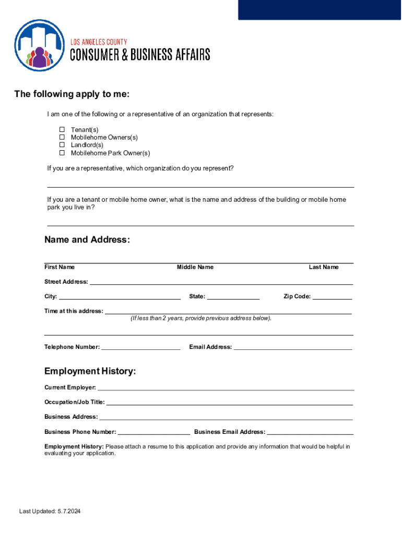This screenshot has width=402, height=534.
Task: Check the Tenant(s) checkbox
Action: (61, 129)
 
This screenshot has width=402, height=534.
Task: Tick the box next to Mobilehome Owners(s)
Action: (61, 137)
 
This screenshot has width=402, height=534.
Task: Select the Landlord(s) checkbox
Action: (61, 145)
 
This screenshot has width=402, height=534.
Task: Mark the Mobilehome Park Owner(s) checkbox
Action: (61, 153)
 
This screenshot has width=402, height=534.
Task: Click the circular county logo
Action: (40, 45)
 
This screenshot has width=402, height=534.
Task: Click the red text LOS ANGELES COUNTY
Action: (99, 42)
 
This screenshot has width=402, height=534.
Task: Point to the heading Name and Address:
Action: (87, 240)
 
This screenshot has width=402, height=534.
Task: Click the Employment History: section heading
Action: (90, 371)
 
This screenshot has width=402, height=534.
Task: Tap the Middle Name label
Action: (195, 267)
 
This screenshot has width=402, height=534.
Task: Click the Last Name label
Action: (323, 267)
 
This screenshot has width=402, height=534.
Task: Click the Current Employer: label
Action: (70, 387)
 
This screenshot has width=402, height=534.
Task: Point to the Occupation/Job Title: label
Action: (74, 402)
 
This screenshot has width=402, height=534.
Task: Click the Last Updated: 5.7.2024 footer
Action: (50, 511)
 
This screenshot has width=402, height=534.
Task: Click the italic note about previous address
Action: (201, 318)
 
